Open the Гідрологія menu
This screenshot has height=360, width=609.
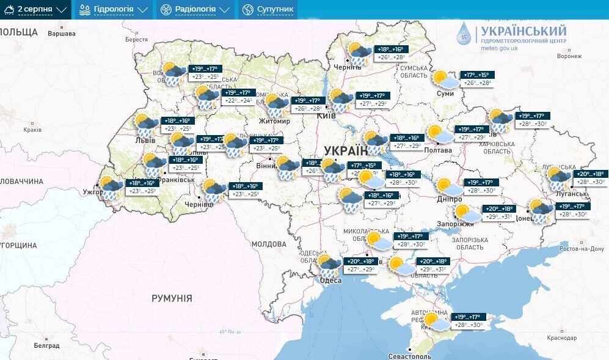point(113,10)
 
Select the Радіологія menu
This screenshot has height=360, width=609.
point(195,10)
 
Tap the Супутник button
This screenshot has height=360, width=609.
point(268,10)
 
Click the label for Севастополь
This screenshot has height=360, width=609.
point(410,356)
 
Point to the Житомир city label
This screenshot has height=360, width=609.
point(274,121)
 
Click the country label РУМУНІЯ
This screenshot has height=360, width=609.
point(172,298)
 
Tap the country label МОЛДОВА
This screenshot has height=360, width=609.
point(269,244)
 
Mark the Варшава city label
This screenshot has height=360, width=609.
point(61,33)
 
